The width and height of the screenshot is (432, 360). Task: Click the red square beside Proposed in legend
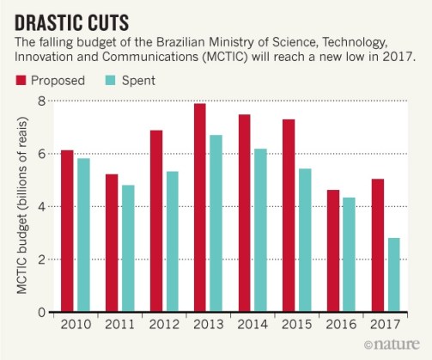pyautogui.click(x=21, y=82)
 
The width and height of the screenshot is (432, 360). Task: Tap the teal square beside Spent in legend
pyautogui.click(x=110, y=82)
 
